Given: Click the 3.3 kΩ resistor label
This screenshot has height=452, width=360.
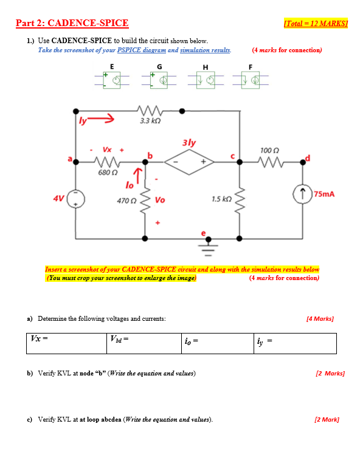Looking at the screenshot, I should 149,121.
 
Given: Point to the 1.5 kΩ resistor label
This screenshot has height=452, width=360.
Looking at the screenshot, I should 220,199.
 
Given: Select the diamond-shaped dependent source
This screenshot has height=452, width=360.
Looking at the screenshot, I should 187,162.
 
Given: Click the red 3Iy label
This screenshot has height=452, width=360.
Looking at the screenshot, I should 189,143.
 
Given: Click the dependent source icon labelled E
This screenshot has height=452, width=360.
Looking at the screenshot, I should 112,80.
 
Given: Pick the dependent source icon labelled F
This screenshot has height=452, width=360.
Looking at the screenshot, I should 251,80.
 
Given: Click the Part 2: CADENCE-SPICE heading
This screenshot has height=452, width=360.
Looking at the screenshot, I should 72,24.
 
